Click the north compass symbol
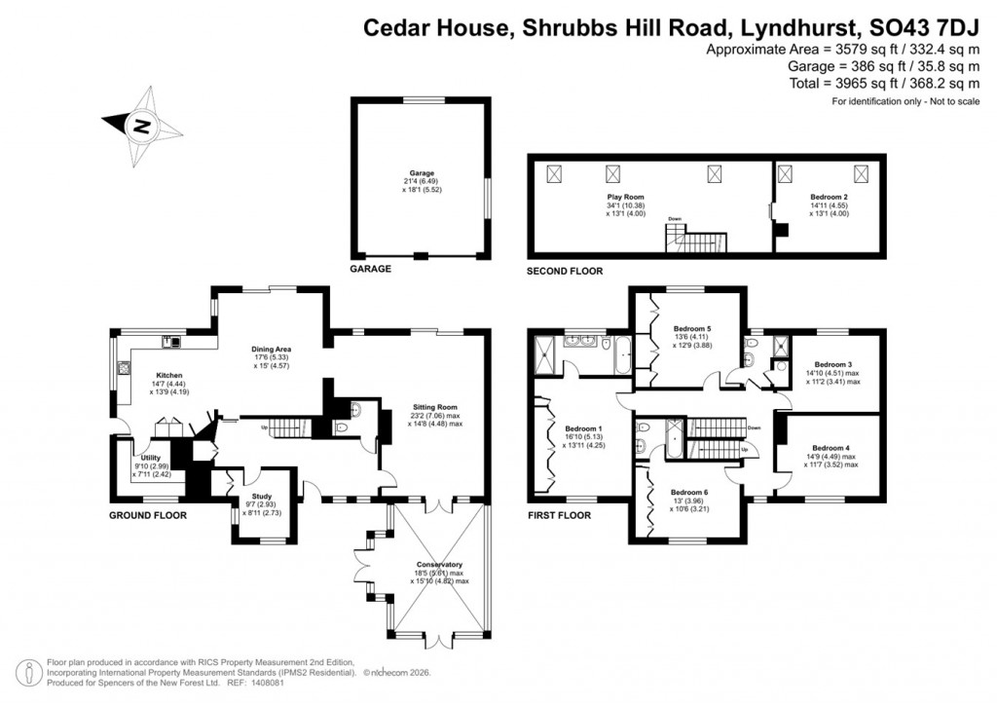142,126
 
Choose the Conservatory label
438,564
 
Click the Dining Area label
273,348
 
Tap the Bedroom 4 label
831,448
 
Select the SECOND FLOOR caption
565,270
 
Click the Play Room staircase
694,239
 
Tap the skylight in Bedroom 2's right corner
861,174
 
